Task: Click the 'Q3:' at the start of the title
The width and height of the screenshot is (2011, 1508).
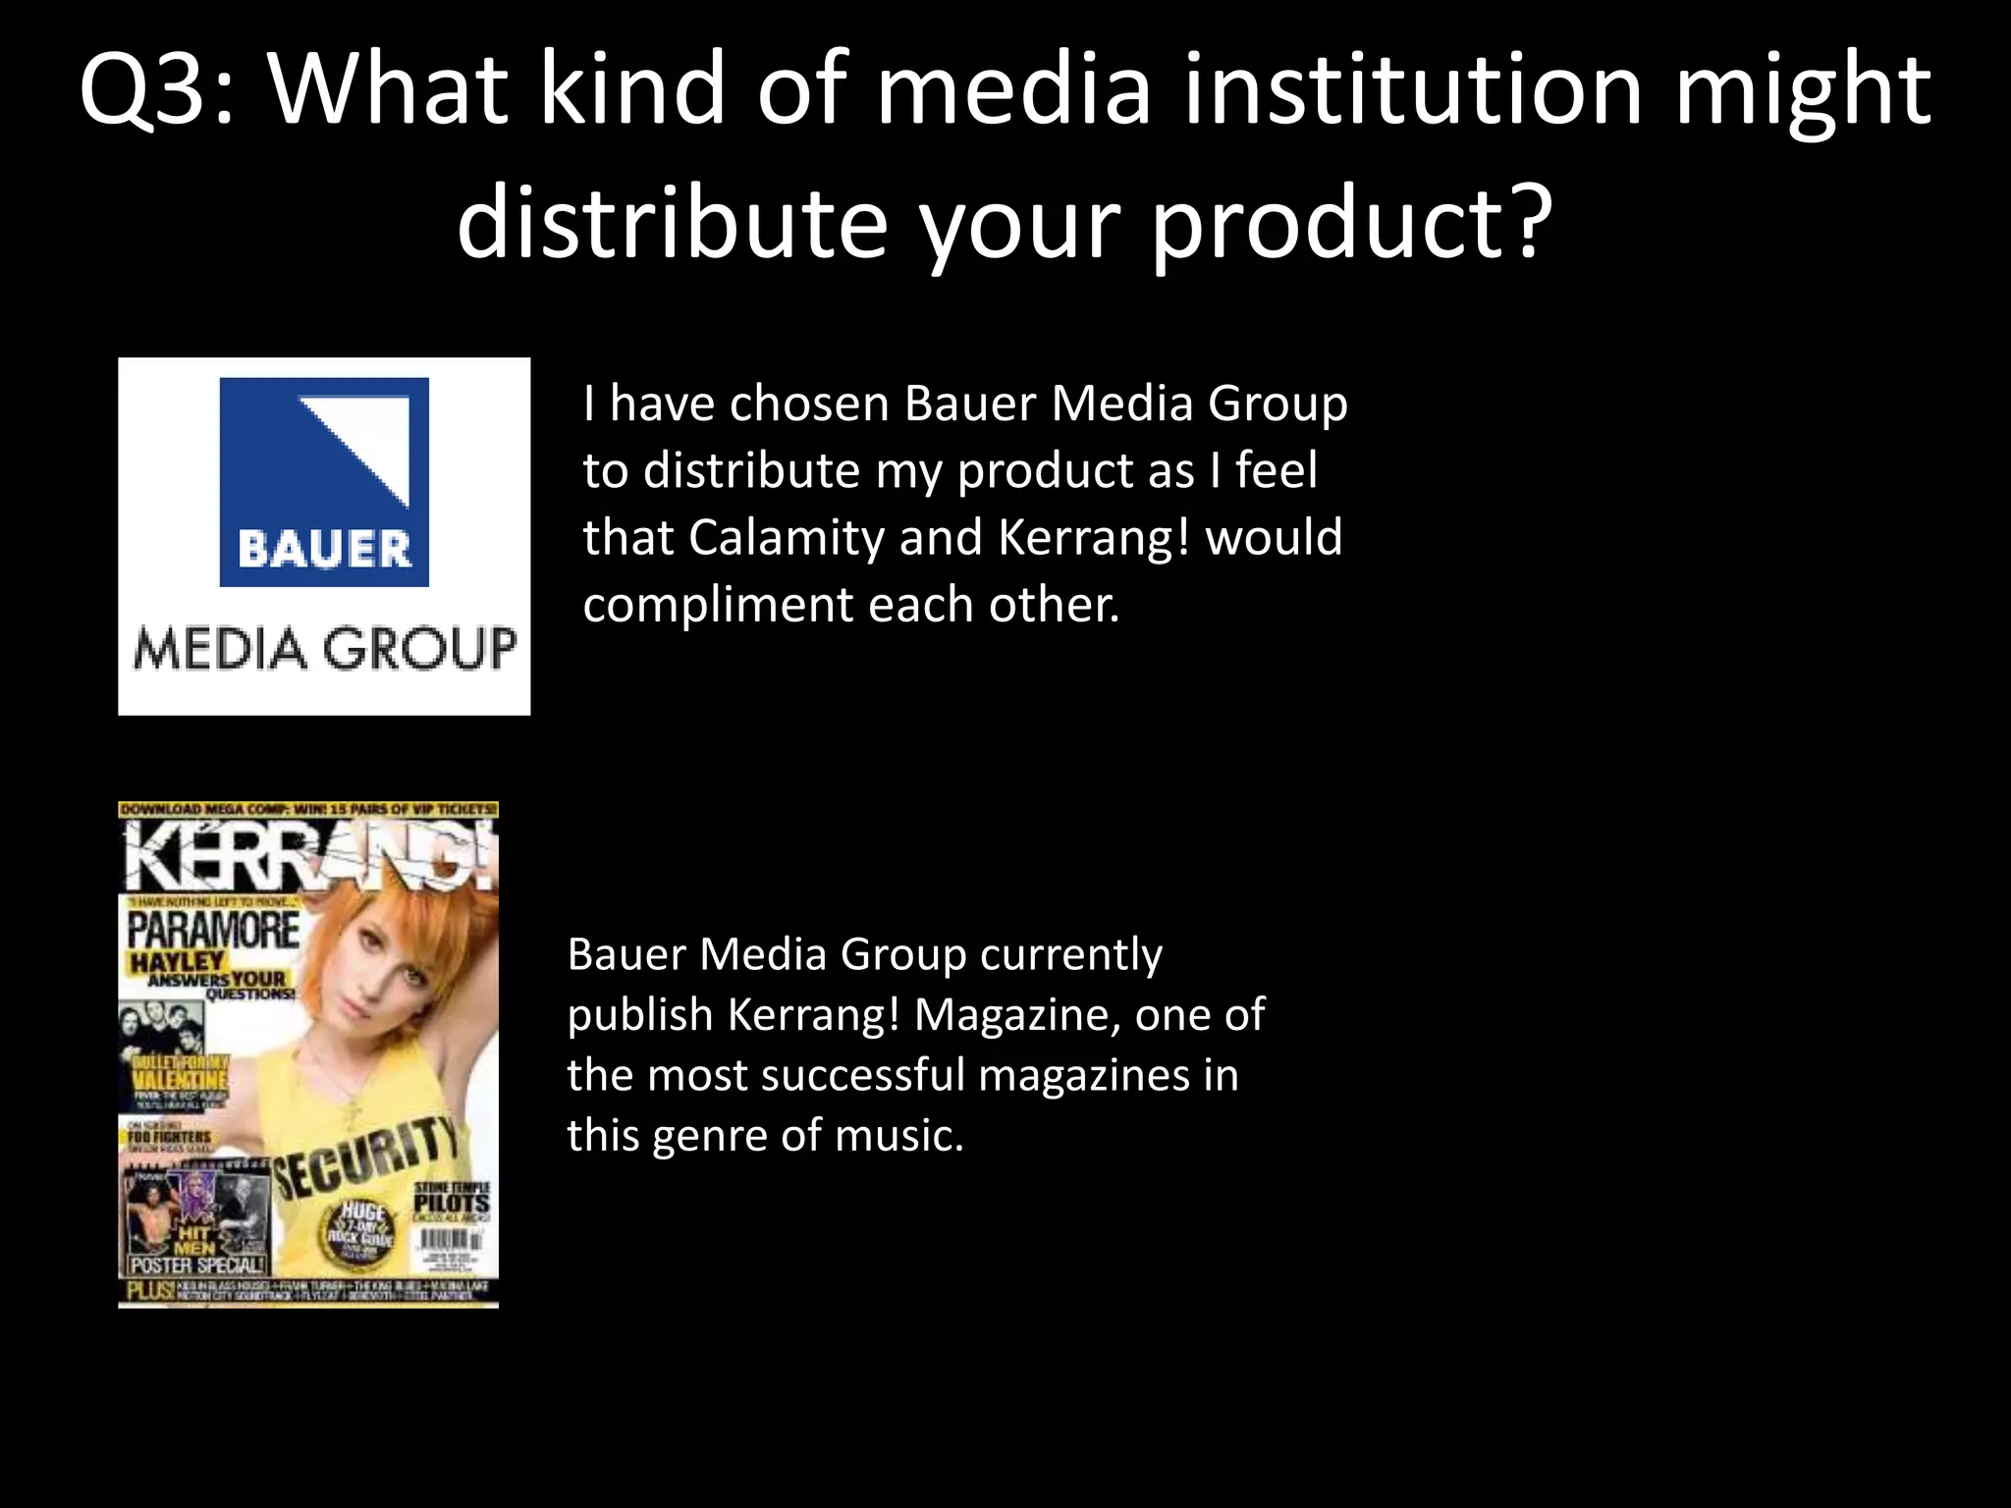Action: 157,90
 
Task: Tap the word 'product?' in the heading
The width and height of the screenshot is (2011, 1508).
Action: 1351,224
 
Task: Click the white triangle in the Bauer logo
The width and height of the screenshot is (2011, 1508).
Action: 368,442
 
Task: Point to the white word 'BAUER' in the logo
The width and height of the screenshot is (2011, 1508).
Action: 324,549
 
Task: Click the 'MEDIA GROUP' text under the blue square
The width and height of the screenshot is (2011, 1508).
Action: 324,649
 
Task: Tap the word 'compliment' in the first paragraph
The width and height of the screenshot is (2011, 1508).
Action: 717,605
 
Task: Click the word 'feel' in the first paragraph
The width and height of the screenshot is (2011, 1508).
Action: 1276,471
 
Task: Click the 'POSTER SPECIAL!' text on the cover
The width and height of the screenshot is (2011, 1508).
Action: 197,1266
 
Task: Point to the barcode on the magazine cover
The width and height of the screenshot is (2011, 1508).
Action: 451,1245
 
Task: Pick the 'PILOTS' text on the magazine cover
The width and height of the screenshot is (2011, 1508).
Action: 451,1204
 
